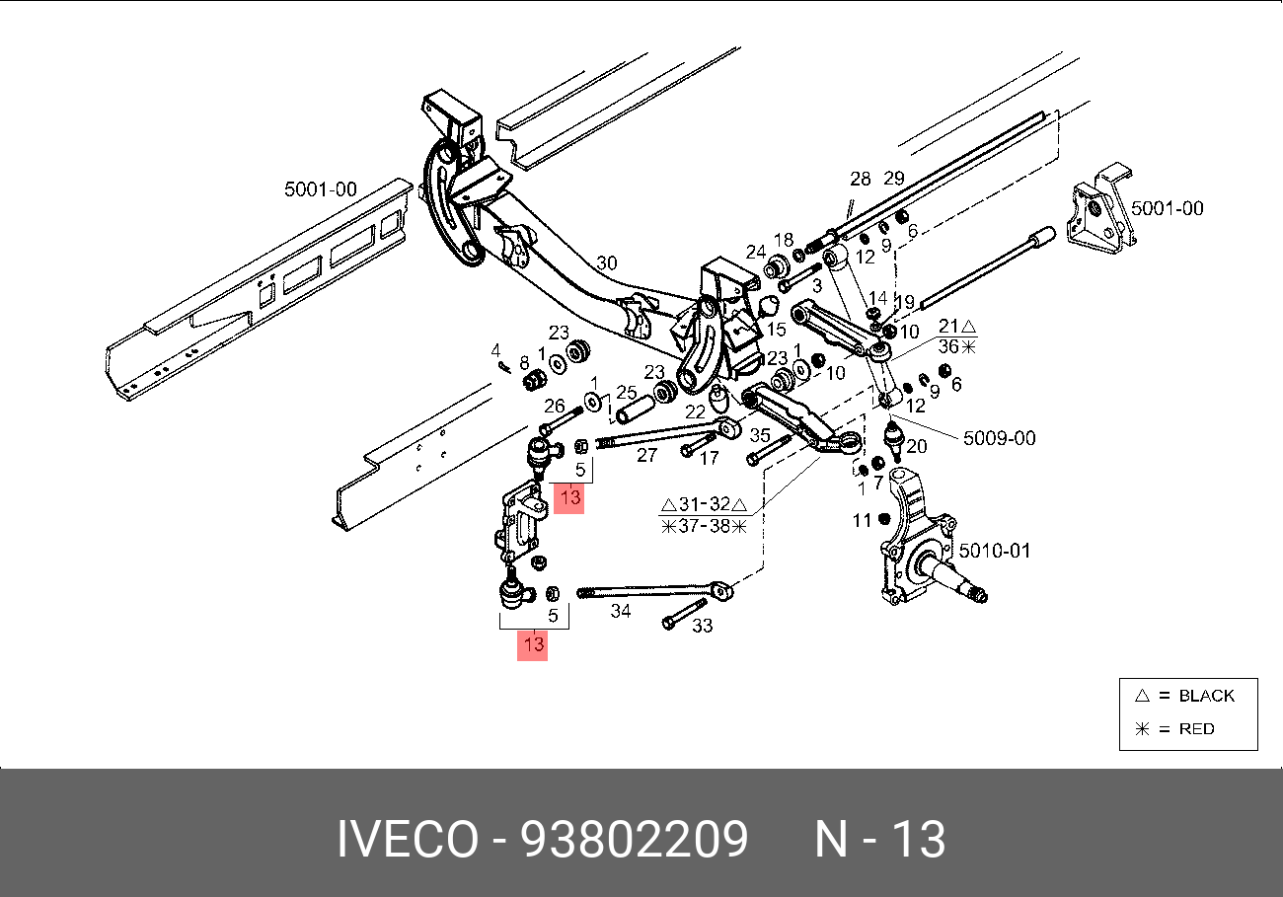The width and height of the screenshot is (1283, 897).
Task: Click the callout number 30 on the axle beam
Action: pyautogui.click(x=607, y=262)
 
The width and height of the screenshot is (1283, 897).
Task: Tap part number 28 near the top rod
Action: pyautogui.click(x=861, y=179)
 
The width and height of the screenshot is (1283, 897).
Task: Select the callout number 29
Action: pyautogui.click(x=894, y=179)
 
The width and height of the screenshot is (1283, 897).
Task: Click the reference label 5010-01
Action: pyautogui.click(x=994, y=551)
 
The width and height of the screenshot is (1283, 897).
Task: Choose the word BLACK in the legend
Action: pyautogui.click(x=1206, y=696)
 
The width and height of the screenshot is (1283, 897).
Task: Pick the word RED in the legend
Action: pyautogui.click(x=1196, y=729)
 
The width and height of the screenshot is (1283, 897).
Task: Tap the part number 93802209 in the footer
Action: pyautogui.click(x=634, y=841)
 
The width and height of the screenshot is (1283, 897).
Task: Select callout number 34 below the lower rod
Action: pyautogui.click(x=620, y=612)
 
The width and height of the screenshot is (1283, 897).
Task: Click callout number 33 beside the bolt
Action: pyautogui.click(x=703, y=626)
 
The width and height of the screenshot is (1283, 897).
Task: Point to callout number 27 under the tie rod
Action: pyautogui.click(x=646, y=455)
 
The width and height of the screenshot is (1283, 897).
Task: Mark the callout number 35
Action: pyautogui.click(x=760, y=435)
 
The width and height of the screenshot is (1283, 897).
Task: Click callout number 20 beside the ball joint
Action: pyautogui.click(x=916, y=446)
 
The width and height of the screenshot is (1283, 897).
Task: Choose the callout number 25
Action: pyautogui.click(x=626, y=392)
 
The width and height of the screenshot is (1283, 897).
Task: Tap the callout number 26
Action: pyautogui.click(x=555, y=405)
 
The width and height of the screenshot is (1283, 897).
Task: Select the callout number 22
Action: pyautogui.click(x=696, y=411)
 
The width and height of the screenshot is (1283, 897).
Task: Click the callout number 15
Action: pyautogui.click(x=776, y=330)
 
